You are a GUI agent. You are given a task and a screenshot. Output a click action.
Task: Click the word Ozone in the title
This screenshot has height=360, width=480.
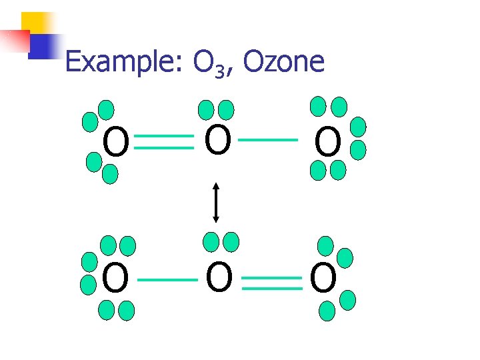(x=284, y=62)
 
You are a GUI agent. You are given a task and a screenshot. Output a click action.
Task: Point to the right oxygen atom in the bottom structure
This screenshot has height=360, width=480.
(x=323, y=279)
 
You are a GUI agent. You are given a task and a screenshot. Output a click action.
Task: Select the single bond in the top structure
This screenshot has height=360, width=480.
(x=268, y=141)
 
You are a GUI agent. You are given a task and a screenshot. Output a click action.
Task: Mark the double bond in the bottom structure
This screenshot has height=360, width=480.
(x=272, y=283)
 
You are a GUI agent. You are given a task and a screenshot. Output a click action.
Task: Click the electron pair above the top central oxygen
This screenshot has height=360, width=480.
(x=217, y=109)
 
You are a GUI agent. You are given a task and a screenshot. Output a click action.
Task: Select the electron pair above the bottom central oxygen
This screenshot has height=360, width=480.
(x=221, y=241)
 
